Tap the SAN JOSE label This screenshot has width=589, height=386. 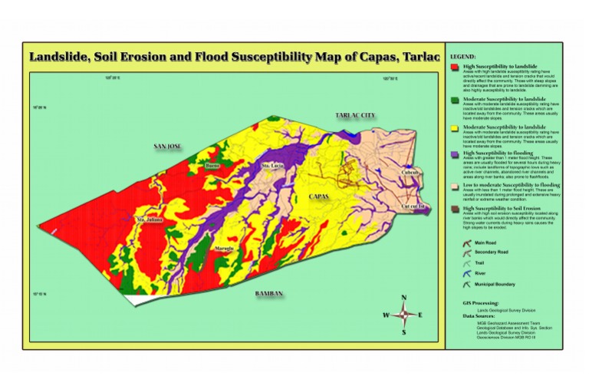[167, 145]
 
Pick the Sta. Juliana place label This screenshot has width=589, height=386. [150, 219]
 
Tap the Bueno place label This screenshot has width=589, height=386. [213, 165]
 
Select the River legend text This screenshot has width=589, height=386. [479, 272]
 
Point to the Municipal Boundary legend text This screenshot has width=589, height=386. [493, 283]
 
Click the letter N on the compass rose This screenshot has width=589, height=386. [403, 299]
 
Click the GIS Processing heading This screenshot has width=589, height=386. [479, 304]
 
